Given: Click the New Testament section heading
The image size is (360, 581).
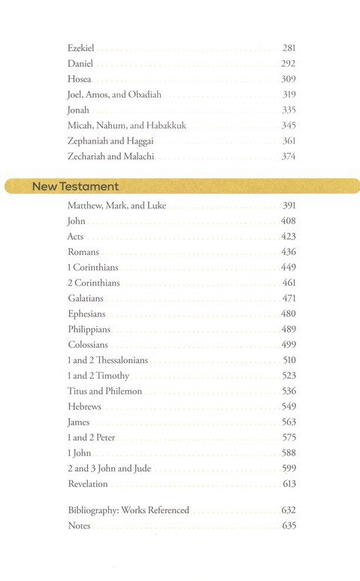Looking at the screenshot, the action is (x=75, y=186).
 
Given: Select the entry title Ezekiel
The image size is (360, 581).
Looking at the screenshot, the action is (x=81, y=48).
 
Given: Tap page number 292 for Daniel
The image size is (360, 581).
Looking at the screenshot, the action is (x=289, y=64).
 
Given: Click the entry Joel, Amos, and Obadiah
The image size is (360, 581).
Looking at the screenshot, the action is (x=114, y=95).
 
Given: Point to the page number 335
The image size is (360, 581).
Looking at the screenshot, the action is (x=289, y=110).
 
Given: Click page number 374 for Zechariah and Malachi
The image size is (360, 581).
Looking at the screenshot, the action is (x=289, y=156).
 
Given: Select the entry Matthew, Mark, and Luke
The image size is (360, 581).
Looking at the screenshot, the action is (x=116, y=206).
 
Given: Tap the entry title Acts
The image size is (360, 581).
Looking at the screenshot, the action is (x=75, y=237).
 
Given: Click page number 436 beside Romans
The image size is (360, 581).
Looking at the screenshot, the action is (x=289, y=252).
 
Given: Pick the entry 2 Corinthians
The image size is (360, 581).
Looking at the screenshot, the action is (x=93, y=283).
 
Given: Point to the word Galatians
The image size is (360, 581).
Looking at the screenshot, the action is (x=85, y=298).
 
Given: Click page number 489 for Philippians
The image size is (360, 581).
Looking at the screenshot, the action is (x=289, y=329).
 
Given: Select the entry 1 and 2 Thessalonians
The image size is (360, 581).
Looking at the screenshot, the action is (x=107, y=360).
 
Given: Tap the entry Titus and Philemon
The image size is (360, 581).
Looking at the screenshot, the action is (x=104, y=391).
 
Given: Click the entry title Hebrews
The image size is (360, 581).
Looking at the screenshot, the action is (x=84, y=407).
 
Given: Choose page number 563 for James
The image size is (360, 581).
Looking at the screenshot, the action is (x=289, y=422).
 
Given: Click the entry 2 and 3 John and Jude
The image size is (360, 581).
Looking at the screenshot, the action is (x=109, y=468).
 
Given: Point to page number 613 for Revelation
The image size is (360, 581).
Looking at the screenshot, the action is (x=289, y=483).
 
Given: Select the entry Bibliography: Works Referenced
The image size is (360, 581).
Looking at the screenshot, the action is (x=128, y=510).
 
